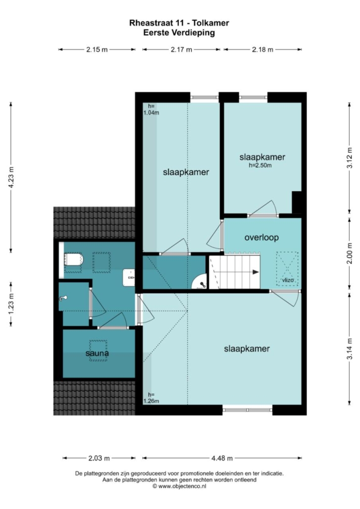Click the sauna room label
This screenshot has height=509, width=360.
97,353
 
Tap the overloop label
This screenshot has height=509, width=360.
262,237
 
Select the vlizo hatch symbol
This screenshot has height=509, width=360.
287,268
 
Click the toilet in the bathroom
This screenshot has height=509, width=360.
74,260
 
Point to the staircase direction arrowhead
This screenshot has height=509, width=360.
256,272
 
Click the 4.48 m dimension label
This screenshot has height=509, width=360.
222,458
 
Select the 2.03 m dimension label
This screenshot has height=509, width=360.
99,458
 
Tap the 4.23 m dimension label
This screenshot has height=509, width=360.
11,177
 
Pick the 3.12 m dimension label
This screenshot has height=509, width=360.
350,158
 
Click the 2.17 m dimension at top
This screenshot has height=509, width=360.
181,50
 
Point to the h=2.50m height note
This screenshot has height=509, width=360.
260,165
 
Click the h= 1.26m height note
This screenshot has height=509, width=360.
151,398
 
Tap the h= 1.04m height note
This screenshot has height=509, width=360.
151,109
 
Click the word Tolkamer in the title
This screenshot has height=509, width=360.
211,23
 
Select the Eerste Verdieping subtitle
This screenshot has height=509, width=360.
179,33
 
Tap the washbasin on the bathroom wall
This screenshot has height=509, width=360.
129,278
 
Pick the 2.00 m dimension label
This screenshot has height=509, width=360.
350,254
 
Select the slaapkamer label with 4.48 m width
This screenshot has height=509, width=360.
247,348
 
